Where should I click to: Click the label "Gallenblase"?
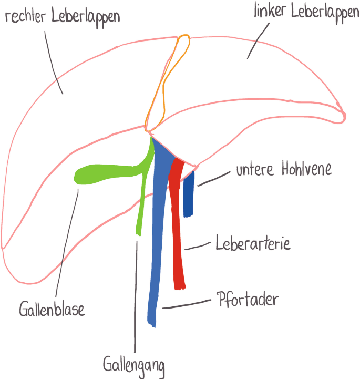click(x=52, y=309)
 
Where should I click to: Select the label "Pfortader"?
click(x=246, y=301)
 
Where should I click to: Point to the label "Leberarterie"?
click(x=252, y=245)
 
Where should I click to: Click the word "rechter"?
click(x=25, y=16)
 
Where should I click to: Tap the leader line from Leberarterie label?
click(x=199, y=246)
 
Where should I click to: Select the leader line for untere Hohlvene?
click(x=214, y=179)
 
